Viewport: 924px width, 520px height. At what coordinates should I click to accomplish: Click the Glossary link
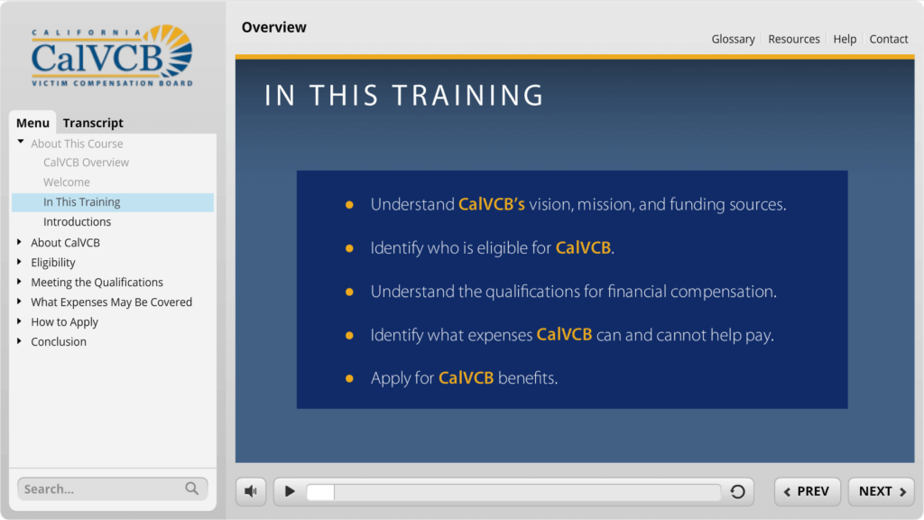tap(733, 39)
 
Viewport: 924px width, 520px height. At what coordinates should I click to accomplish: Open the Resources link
tap(794, 39)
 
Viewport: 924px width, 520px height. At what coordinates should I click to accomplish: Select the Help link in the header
tap(845, 39)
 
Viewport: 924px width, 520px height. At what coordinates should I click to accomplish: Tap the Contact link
tap(889, 39)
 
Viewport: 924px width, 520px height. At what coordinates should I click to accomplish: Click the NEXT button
tap(881, 491)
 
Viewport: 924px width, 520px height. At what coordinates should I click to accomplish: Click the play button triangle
tap(290, 491)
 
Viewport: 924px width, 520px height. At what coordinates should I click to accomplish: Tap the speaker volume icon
tap(251, 491)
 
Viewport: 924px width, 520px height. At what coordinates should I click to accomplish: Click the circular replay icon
tap(737, 491)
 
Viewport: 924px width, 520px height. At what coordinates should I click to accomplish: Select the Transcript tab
tap(93, 123)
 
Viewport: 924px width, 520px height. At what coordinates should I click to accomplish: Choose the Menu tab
tap(32, 123)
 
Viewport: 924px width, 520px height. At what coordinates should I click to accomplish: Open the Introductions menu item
tap(78, 222)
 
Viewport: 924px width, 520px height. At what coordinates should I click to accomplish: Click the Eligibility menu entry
tap(53, 263)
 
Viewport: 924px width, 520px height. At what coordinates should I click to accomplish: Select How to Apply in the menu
tap(64, 322)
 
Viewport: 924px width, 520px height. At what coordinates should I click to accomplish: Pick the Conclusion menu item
tap(59, 342)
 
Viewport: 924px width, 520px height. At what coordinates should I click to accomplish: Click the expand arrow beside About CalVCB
tap(20, 242)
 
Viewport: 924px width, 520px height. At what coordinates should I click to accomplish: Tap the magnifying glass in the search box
tap(191, 488)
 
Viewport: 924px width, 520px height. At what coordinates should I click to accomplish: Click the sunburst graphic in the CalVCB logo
tap(175, 51)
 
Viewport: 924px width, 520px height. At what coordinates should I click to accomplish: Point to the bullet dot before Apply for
tap(349, 378)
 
